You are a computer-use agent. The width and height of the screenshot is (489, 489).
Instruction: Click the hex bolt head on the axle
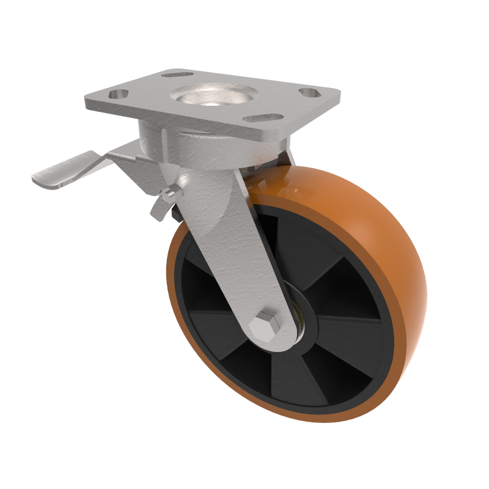pyautogui.click(x=267, y=327)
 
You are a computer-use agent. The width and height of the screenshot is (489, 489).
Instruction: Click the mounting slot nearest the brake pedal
pyautogui.click(x=117, y=95)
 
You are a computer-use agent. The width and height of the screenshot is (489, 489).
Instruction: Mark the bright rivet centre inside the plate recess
pyautogui.click(x=211, y=103)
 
